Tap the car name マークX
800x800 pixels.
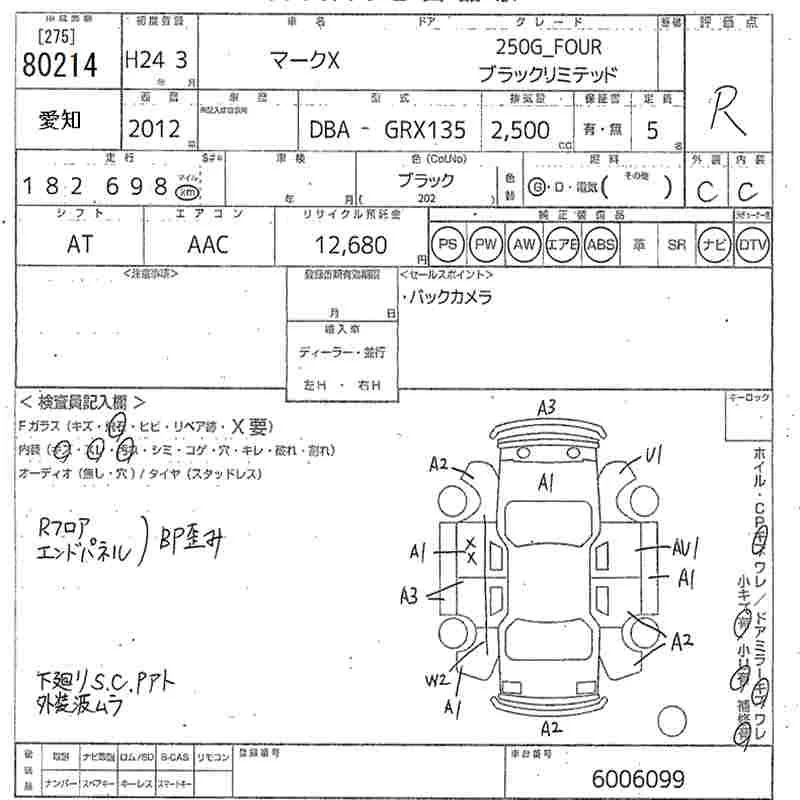(306, 61)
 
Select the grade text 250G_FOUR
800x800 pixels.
(549, 47)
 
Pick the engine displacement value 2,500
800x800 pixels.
(519, 129)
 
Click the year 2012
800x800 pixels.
(154, 129)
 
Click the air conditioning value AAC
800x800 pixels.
(208, 244)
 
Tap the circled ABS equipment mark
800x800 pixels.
(601, 244)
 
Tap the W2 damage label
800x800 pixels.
(436, 681)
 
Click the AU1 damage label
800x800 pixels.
(685, 547)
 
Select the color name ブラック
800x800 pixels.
(426, 181)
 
